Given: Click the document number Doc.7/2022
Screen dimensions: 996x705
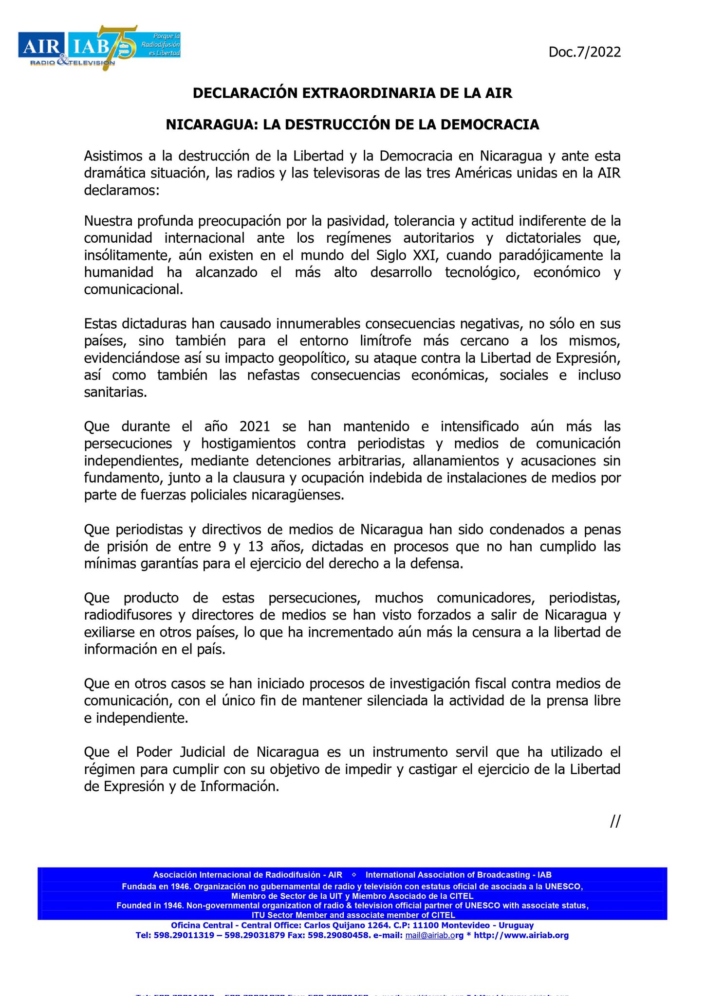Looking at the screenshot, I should [584, 52].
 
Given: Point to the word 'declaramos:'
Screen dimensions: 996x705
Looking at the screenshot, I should [122, 190].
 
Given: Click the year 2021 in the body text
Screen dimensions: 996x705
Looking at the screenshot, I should [255, 427].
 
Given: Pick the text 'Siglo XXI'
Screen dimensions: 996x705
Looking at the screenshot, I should [407, 255].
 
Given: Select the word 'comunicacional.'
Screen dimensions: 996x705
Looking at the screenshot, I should [134, 289].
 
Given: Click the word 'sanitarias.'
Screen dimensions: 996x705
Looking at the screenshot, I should [115, 392].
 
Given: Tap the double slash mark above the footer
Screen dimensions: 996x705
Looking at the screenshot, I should [615, 821].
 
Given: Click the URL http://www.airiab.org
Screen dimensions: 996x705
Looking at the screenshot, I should [521, 935].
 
